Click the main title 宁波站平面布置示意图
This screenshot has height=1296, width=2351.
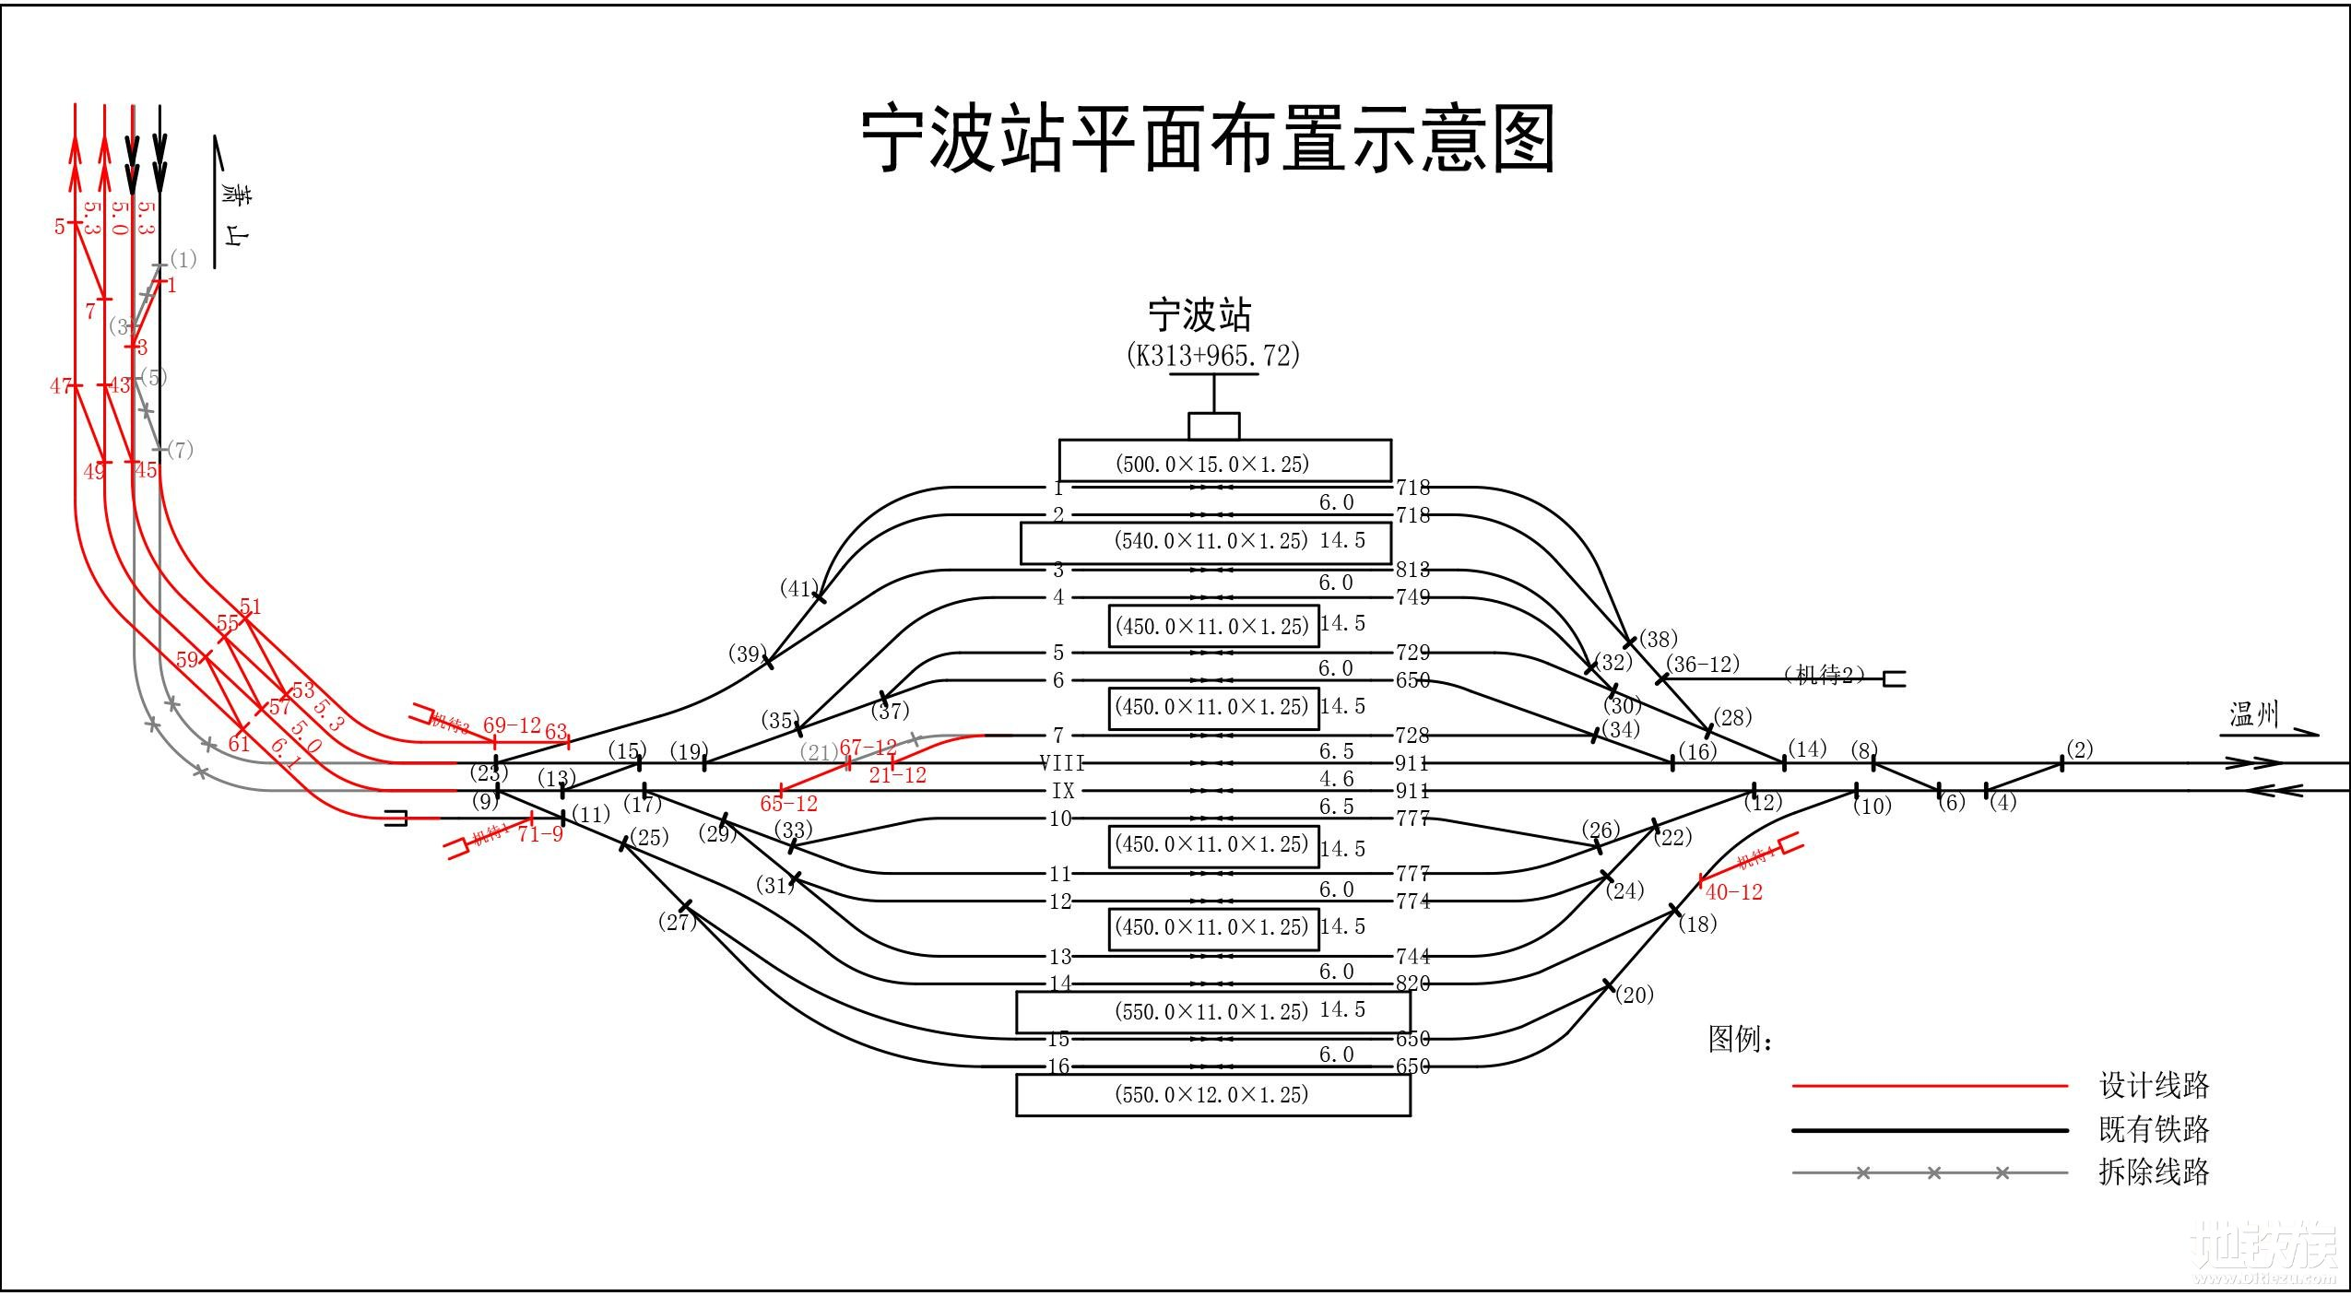coord(1208,140)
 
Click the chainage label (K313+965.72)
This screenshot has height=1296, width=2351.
coord(1212,355)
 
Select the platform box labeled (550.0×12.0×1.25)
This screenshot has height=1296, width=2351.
coord(1212,1094)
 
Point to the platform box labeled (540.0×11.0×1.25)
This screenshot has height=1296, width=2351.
coord(1205,542)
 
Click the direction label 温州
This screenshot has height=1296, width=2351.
coord(2253,714)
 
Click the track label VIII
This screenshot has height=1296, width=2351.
coord(1061,763)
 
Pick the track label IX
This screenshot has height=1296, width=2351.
coord(1063,791)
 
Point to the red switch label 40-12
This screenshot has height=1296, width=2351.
coord(1733,891)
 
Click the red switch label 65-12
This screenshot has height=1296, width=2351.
coord(788,804)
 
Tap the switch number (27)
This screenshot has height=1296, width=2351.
coord(677,922)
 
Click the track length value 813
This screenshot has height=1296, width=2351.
coord(1412,570)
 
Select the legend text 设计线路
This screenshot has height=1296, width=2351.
coord(2154,1085)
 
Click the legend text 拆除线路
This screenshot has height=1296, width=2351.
coord(2154,1172)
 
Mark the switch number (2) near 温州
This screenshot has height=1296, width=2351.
coord(2079,749)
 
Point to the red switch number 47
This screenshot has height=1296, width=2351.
coord(61,385)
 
